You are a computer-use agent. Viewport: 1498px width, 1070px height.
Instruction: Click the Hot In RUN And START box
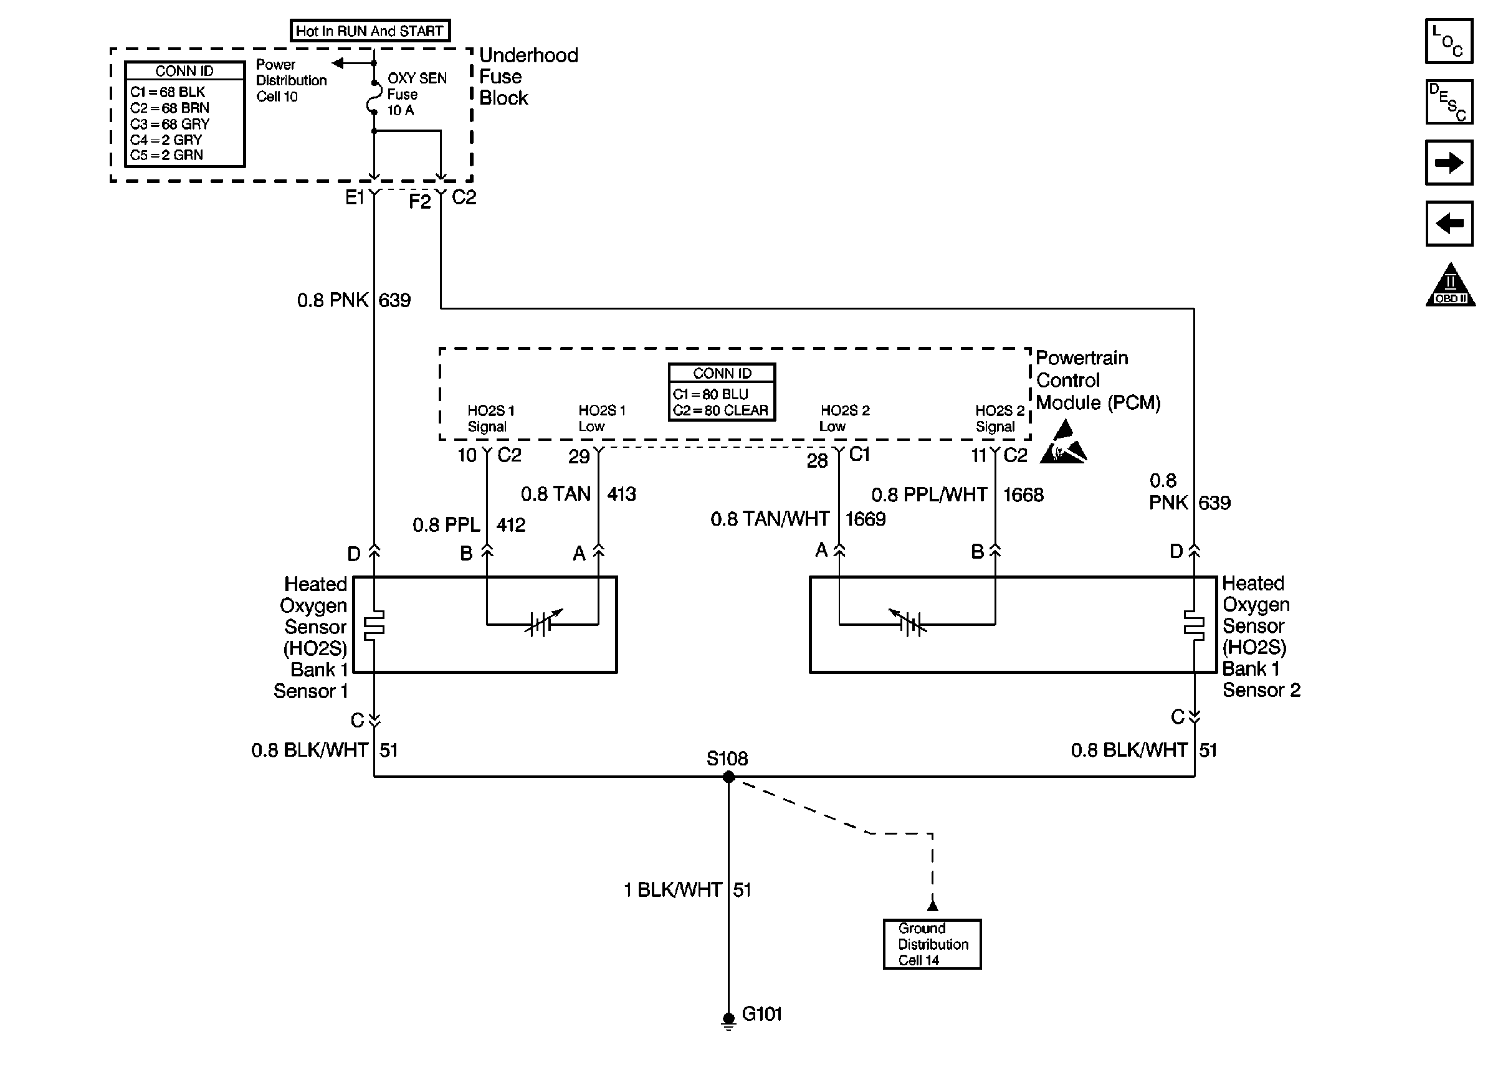370,31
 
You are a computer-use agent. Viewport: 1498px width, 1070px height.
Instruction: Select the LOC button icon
1449,41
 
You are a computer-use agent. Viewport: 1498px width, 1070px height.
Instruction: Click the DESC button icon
1449,102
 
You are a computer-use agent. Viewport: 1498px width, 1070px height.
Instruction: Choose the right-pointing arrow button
1449,163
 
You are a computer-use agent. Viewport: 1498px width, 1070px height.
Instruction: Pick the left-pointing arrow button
1449,224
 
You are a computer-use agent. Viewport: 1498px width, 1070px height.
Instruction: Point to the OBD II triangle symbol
1450,285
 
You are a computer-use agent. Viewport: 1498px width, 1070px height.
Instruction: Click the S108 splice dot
728,777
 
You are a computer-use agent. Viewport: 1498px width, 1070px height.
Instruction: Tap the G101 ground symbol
728,1021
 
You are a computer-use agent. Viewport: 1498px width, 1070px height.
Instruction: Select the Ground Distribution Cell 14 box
932,944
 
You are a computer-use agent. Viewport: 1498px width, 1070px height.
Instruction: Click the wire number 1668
1023,495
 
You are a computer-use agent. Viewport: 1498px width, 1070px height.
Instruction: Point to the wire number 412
511,525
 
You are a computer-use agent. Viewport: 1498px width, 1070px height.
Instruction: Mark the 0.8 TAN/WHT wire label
770,519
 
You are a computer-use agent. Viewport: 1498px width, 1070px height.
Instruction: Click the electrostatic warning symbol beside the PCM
1063,443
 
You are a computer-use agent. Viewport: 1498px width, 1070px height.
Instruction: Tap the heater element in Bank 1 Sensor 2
1193,624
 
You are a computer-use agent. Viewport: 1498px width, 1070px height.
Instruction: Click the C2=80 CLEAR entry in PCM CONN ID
720,410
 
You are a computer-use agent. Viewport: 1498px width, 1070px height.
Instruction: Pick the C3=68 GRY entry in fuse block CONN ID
169,124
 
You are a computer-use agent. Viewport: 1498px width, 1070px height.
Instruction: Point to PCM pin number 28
817,460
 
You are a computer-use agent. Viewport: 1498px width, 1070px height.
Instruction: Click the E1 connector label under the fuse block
355,197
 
